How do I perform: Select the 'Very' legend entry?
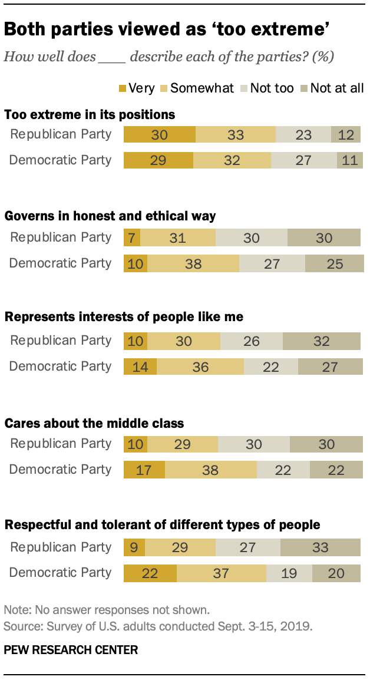click(x=136, y=88)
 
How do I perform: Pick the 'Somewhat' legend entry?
click(x=197, y=88)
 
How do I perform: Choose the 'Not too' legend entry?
click(x=266, y=88)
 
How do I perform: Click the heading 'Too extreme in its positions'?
click(x=90, y=114)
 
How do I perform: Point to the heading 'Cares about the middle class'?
click(x=94, y=423)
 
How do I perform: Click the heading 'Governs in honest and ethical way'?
click(x=110, y=216)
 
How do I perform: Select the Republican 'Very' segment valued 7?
click(x=132, y=237)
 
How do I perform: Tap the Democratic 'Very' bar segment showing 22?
click(x=150, y=573)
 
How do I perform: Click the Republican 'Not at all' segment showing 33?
click(x=321, y=547)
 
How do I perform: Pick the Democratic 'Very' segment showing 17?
click(x=144, y=470)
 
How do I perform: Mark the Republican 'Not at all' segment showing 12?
click(x=346, y=134)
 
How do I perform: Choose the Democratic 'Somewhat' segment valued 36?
click(x=200, y=367)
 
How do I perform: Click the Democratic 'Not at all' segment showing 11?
click(x=349, y=160)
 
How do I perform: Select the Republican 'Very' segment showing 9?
click(x=134, y=547)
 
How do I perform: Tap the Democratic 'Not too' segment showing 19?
click(x=289, y=573)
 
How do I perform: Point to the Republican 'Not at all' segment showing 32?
click(x=322, y=341)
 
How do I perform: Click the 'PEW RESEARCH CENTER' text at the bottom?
click(x=71, y=650)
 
